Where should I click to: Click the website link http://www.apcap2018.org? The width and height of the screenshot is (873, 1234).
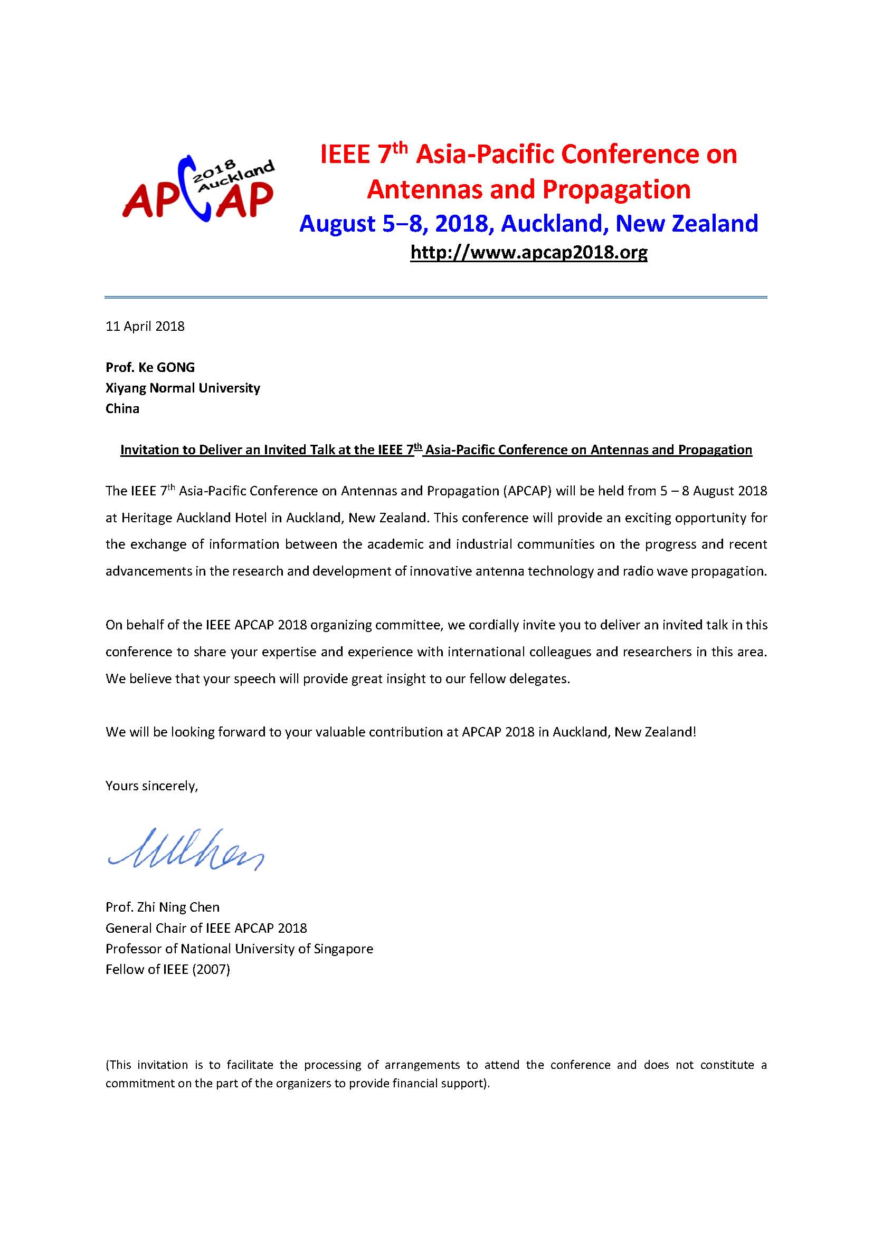pos(528,252)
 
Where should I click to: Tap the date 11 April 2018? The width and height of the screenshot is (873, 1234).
pos(145,326)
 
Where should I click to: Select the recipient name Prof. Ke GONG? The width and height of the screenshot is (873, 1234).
pos(150,367)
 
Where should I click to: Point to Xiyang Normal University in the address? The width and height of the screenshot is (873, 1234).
pos(183,388)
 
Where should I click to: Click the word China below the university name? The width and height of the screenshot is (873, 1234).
pos(122,408)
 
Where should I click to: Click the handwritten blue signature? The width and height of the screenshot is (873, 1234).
pos(185,849)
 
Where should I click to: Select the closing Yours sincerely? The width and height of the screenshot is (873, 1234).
pos(151,786)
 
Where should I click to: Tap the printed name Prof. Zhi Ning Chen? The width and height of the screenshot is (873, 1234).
pos(163,907)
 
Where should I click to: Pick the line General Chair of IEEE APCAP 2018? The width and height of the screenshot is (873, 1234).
pos(206,928)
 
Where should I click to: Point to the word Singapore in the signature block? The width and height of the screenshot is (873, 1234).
pos(344,949)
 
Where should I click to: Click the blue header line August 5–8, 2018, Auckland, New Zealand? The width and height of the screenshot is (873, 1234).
pos(528,223)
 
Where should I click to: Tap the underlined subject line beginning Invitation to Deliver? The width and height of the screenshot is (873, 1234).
pos(436,450)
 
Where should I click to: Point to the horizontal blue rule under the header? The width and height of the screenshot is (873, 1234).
pos(436,296)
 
